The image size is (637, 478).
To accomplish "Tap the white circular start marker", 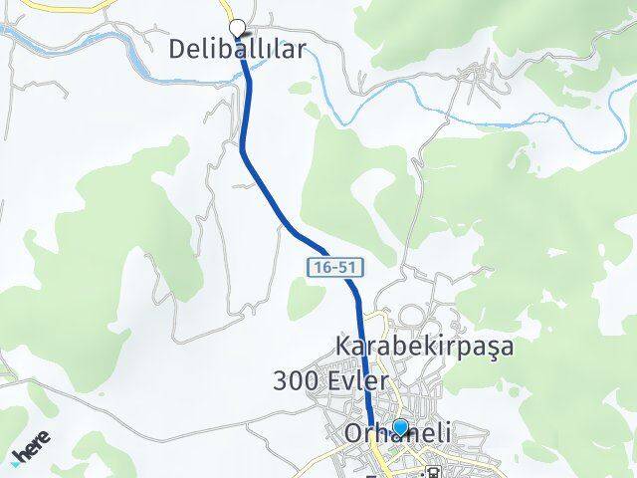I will coord(237,28).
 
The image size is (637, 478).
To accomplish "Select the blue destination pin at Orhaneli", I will coord(400,429).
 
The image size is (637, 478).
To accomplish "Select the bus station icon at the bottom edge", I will coord(434,472).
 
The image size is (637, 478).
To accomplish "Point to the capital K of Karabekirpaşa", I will coord(344,347).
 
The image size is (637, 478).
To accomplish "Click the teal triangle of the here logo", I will coord(17,459).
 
